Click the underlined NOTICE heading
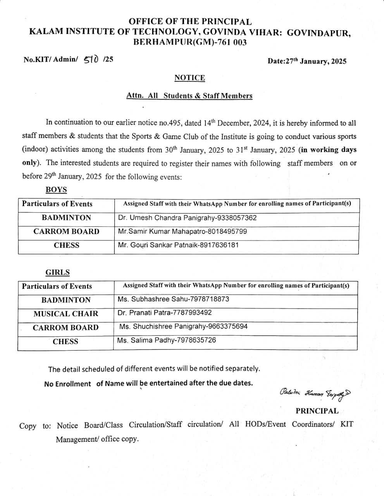[189, 78]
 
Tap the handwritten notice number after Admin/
[91, 59]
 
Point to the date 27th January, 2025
[307, 61]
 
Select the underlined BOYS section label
[56, 190]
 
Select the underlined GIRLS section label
[58, 272]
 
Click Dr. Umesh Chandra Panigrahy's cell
[187, 218]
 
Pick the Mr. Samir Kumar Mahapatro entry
[182, 232]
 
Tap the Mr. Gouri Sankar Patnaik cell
[178, 245]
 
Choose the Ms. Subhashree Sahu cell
[173, 299]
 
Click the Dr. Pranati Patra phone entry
[165, 313]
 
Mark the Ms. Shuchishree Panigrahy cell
[183, 327]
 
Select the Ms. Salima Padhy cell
[167, 340]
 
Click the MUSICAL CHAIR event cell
[66, 314]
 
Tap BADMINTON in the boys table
[66, 218]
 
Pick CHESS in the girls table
[65, 341]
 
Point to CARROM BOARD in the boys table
[66, 232]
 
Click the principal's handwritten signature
[315, 393]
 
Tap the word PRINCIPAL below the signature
[317, 411]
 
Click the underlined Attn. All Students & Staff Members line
[189, 96]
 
